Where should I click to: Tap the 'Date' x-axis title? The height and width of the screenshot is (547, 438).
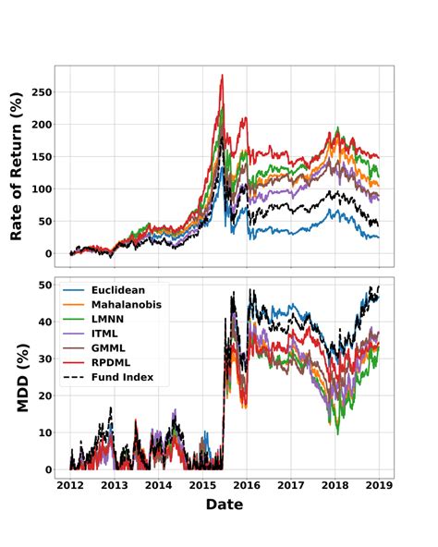225,504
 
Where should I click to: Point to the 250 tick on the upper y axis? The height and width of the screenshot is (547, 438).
38,91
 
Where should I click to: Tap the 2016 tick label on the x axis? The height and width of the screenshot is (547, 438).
247,485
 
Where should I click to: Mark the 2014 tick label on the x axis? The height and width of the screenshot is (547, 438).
158,485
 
